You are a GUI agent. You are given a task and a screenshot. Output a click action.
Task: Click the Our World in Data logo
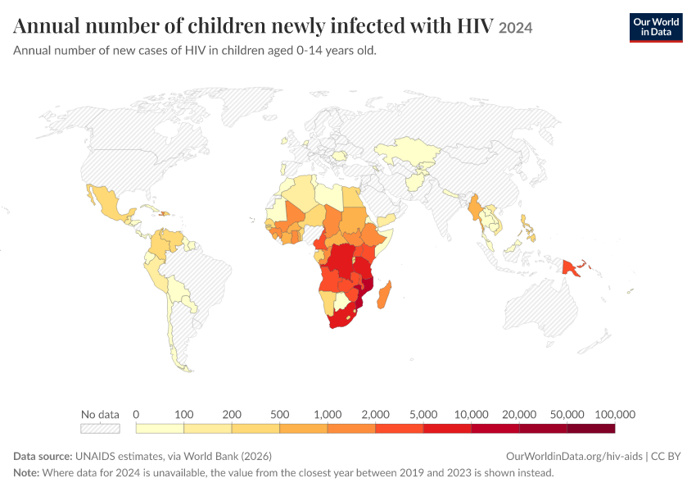(656, 28)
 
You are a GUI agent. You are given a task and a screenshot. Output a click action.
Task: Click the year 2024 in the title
(515, 28)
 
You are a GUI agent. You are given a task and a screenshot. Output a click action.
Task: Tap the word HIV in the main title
(475, 25)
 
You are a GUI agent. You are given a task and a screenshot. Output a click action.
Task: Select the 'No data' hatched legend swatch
(101, 428)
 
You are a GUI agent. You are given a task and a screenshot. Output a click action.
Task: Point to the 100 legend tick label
(183, 415)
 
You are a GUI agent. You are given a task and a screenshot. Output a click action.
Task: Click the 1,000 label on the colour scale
(328, 415)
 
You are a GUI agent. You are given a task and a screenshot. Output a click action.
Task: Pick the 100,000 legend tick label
(615, 415)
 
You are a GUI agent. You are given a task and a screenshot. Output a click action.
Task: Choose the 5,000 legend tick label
(423, 415)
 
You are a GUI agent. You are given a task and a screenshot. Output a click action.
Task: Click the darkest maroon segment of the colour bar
(591, 428)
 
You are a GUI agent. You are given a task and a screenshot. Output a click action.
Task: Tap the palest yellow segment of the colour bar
(160, 428)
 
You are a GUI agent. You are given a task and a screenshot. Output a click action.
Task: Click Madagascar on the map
(384, 294)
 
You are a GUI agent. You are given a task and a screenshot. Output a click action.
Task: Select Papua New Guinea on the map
(571, 268)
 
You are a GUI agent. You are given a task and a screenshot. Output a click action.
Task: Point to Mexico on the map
(108, 203)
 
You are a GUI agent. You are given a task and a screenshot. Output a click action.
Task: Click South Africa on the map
(341, 317)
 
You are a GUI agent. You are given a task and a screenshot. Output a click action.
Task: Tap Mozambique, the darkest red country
(366, 288)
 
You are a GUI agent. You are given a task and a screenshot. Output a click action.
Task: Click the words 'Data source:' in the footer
(43, 457)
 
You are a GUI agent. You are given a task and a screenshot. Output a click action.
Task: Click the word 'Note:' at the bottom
(26, 472)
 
